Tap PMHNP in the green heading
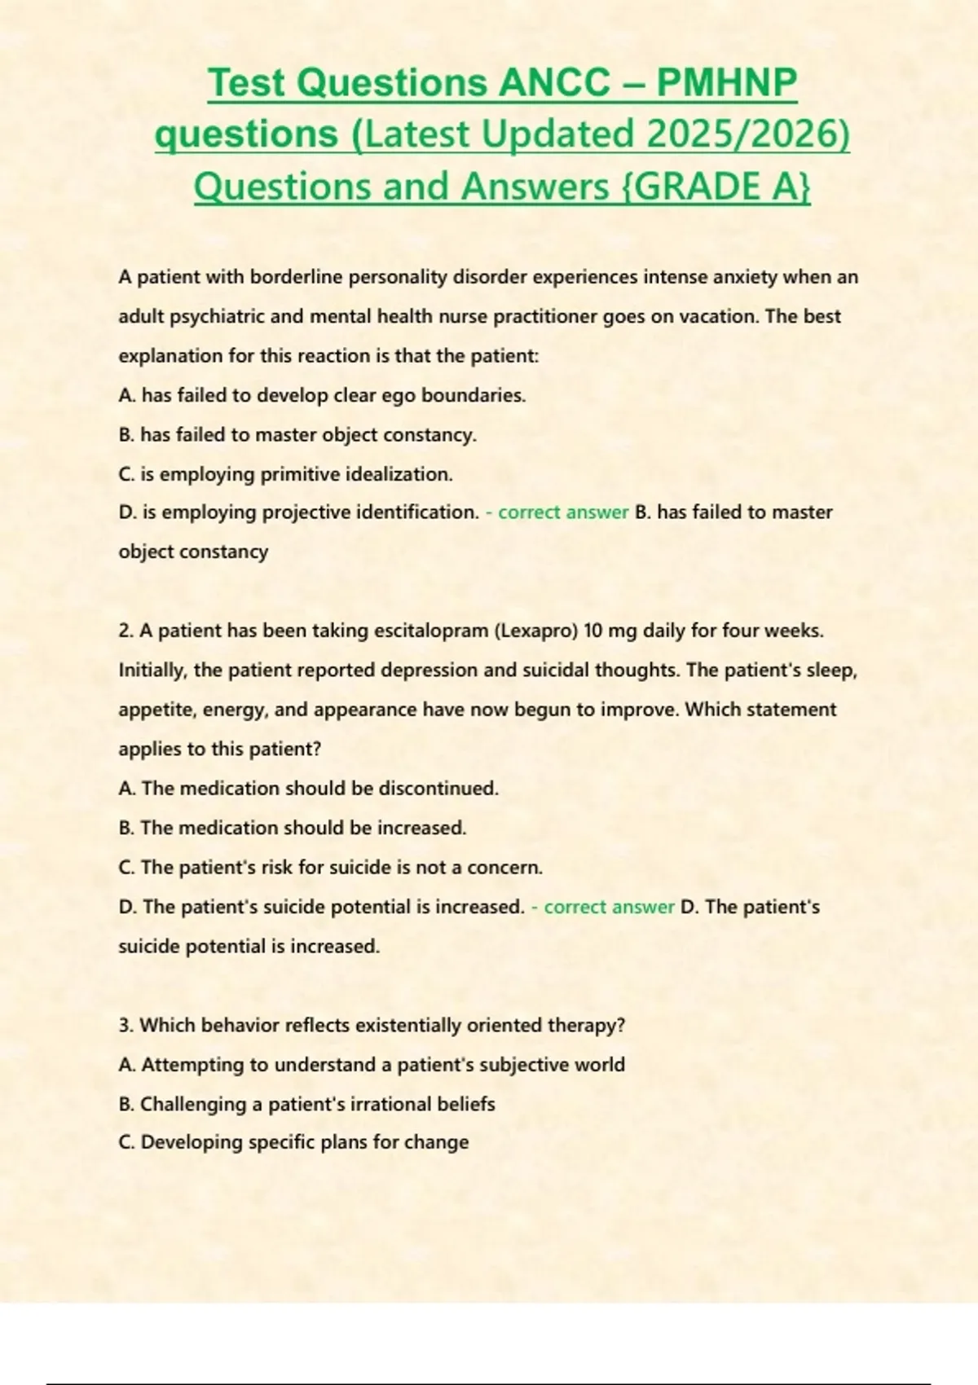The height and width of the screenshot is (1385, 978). click(x=726, y=83)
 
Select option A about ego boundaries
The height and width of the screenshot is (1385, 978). click(x=322, y=395)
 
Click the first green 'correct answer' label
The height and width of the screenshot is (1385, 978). click(x=563, y=512)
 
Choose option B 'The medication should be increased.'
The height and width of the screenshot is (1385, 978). click(x=292, y=828)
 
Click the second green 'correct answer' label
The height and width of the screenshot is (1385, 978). click(x=609, y=907)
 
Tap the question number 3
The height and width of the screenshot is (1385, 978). click(x=126, y=1025)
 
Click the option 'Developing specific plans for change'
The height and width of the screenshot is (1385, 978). click(x=304, y=1142)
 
